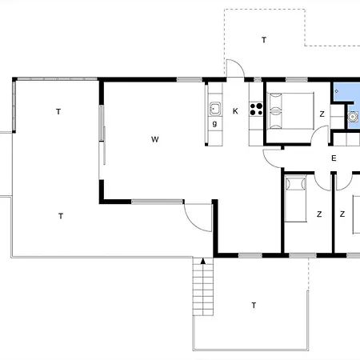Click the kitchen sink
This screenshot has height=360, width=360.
click(x=215, y=109)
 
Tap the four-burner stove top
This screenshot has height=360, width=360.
click(x=256, y=110)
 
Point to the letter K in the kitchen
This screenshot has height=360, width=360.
click(x=235, y=111)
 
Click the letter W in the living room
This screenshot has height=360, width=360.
click(x=155, y=139)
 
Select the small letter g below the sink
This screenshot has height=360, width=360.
click(x=214, y=123)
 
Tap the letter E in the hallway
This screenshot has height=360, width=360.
click(x=334, y=158)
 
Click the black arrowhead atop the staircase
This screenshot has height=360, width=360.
click(x=203, y=261)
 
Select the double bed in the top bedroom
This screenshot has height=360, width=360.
click(x=290, y=111)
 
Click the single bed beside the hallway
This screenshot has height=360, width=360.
click(x=295, y=198)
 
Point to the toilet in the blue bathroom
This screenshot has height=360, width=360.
click(x=353, y=117)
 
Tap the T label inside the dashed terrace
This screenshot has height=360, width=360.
click(x=264, y=40)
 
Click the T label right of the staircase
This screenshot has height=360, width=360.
click(x=254, y=305)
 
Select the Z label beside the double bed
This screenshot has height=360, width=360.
click(x=322, y=114)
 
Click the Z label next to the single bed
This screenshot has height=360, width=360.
click(x=319, y=214)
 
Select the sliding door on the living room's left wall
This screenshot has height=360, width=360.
click(x=102, y=134)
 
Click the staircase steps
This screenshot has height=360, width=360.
click(x=203, y=286)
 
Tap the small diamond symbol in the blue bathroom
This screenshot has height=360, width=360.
click(x=337, y=91)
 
